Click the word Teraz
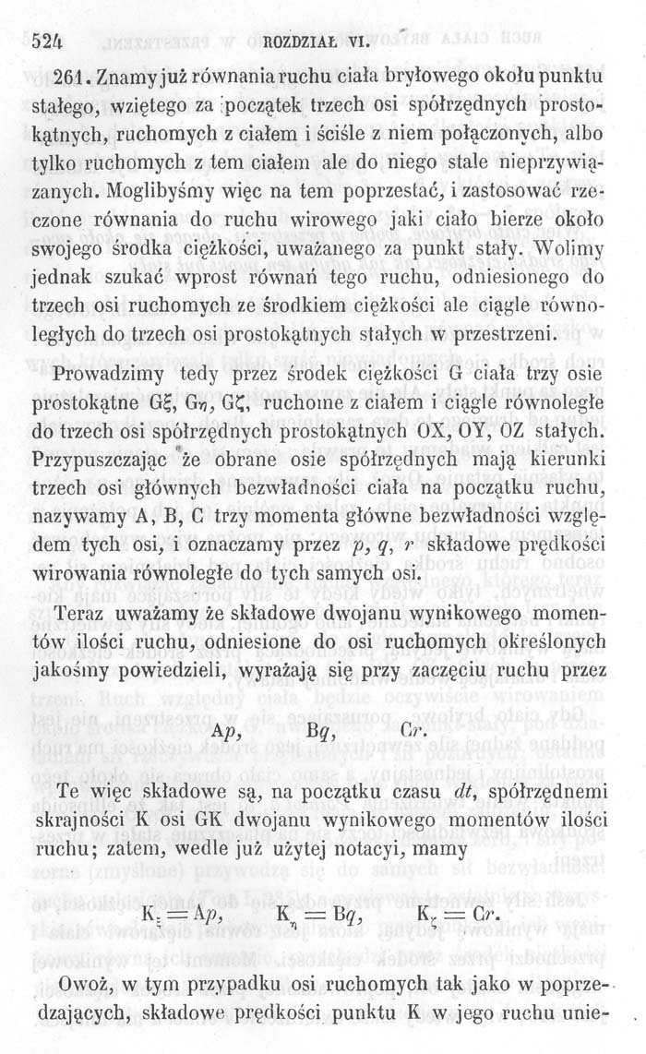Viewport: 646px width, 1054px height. point(89,615)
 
